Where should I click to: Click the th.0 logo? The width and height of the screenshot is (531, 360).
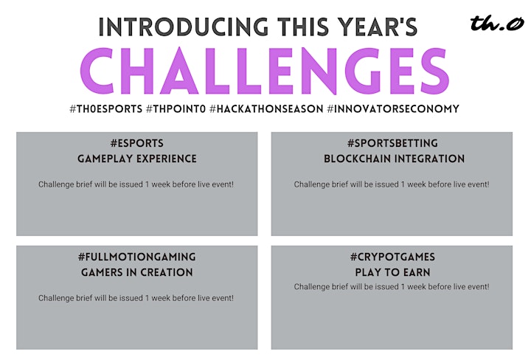pos(497,24)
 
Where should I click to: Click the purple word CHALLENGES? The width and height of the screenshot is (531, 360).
pos(265,71)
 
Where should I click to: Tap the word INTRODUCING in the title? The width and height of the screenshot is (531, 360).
pos(183,27)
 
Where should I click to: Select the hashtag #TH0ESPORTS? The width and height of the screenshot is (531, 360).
pos(106,109)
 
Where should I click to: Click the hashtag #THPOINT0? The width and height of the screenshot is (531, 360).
pos(176,109)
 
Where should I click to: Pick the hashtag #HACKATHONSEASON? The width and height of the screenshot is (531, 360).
pos(266,109)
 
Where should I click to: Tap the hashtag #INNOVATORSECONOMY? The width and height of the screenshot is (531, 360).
pos(393,109)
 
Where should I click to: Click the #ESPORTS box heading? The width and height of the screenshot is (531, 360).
pos(137,143)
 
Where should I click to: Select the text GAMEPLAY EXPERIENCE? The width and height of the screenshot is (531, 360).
pos(137,159)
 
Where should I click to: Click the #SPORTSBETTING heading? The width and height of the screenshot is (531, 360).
pos(392,143)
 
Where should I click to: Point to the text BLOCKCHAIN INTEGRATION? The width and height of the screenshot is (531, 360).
pos(394,159)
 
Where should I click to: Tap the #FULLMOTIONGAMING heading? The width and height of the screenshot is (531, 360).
pos(137,257)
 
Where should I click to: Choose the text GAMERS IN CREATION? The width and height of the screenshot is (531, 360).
pos(137,273)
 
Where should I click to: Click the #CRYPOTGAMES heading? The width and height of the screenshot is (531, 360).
pos(392,257)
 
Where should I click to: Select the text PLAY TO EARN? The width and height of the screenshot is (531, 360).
pos(392,273)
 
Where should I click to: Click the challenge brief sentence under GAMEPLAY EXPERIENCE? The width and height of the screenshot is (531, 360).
pos(136,184)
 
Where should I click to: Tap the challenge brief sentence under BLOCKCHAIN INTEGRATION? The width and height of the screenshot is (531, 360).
pos(392,184)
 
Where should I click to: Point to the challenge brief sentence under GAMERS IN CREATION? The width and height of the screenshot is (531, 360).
pos(136,298)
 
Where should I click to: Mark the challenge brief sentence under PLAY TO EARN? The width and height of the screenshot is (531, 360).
pos(392,287)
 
